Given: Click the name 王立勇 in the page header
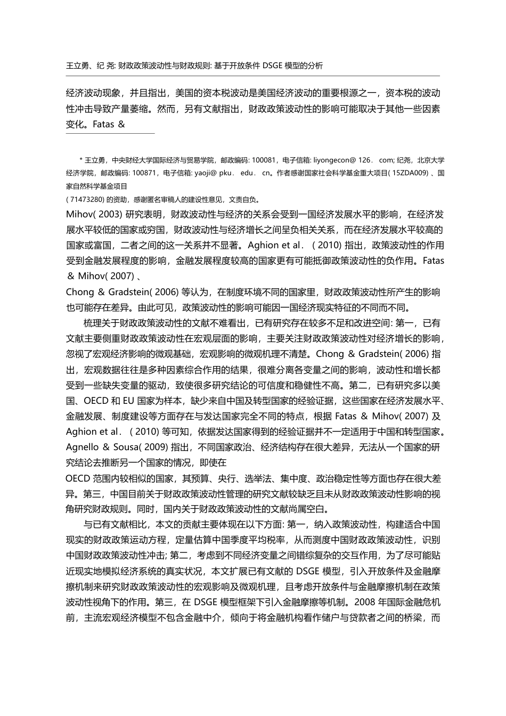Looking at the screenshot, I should click(x=77, y=66).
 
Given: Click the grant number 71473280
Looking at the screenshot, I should click(x=85, y=200).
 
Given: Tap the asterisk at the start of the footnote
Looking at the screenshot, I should click(x=81, y=160).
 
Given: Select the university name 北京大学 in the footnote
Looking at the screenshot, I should click(x=431, y=160).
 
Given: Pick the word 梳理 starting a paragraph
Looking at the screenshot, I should click(x=93, y=323).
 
